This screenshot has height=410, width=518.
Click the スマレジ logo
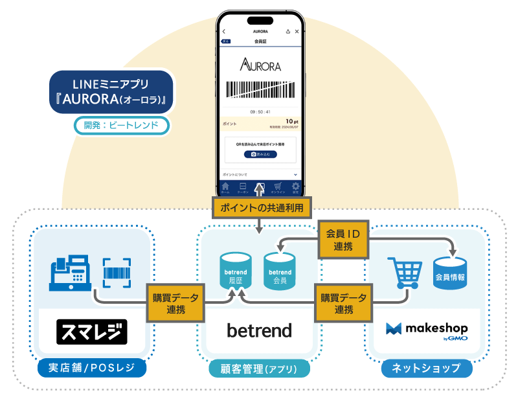coord(92,332)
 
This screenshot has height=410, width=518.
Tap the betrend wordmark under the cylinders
coord(259,330)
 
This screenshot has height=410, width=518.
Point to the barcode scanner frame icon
coord(117,272)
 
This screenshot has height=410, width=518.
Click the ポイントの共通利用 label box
coord(262,207)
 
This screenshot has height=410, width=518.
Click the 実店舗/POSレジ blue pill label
coord(91,368)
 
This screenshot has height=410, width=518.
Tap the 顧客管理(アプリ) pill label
coord(260,369)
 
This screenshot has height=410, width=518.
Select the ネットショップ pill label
coord(427,368)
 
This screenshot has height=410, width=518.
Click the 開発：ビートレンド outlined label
coord(122,125)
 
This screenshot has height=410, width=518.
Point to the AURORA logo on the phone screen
coord(260,65)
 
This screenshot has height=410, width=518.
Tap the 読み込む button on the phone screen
coord(260,154)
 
